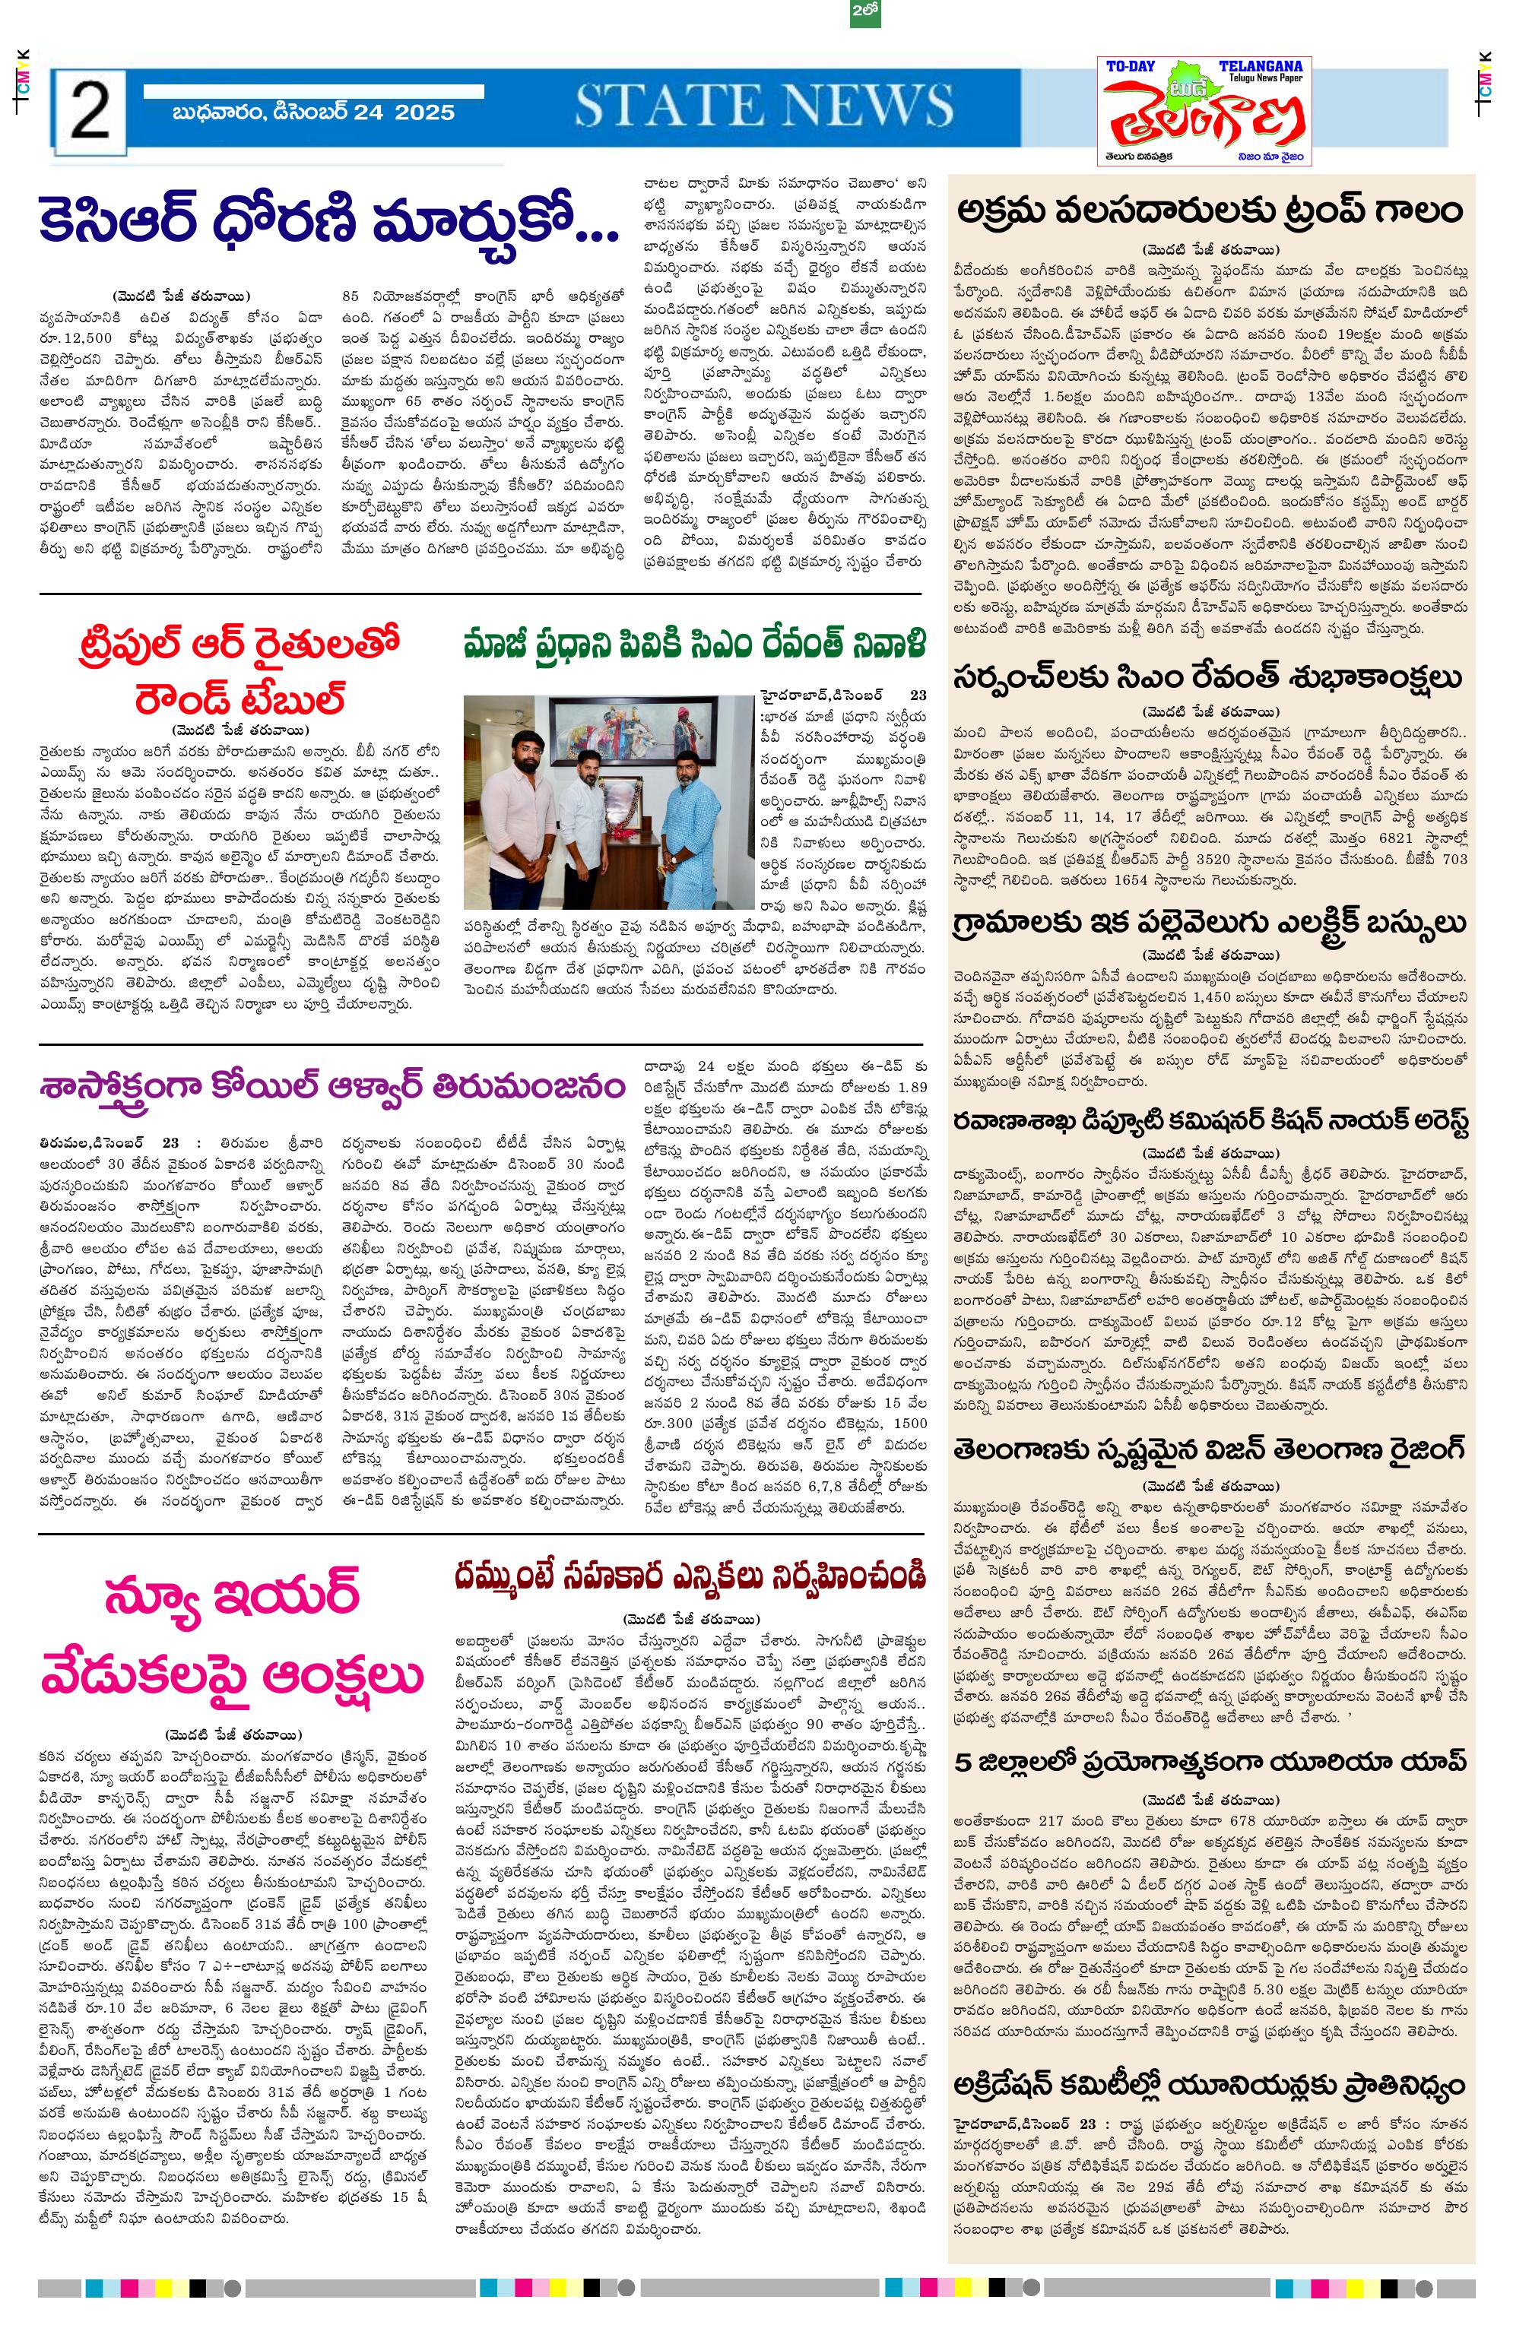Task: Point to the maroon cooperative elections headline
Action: (x=690, y=1576)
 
